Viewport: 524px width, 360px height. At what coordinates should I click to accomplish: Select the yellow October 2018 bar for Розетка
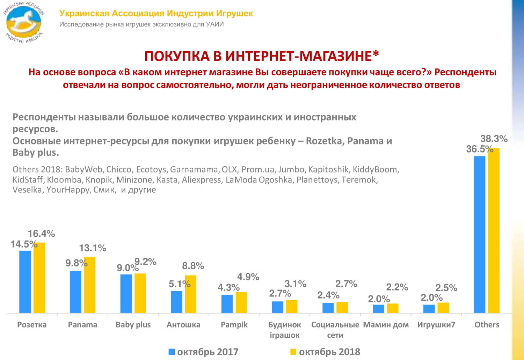(x=39, y=278)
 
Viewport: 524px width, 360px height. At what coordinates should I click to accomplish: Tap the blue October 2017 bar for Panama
(x=75, y=292)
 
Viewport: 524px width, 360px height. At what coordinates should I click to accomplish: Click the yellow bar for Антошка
(x=191, y=294)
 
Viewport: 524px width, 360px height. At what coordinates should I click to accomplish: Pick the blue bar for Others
(x=480, y=234)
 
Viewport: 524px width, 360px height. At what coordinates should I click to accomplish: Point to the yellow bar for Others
(x=494, y=230)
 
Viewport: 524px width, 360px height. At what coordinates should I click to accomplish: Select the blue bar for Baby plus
(x=126, y=294)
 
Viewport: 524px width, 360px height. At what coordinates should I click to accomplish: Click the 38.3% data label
(x=494, y=139)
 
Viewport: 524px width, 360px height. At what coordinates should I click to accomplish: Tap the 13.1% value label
(x=93, y=248)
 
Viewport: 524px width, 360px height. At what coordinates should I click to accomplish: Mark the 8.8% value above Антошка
(x=193, y=266)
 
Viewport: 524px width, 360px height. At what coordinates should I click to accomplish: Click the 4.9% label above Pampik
(x=248, y=277)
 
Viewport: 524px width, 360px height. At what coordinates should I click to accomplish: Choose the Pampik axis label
(x=234, y=325)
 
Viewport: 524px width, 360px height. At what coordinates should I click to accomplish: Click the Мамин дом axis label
(x=386, y=325)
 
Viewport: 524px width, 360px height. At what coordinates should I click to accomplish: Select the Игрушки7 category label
(x=436, y=325)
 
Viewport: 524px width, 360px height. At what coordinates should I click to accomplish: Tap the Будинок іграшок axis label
(x=285, y=330)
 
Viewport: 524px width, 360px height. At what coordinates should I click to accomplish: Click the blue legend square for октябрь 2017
(x=172, y=352)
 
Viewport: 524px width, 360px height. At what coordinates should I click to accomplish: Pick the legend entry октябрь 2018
(x=325, y=352)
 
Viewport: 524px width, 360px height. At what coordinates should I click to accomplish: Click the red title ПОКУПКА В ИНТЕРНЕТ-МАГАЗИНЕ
(x=262, y=56)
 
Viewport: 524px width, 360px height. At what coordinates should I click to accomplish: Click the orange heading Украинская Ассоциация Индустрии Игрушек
(x=156, y=13)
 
